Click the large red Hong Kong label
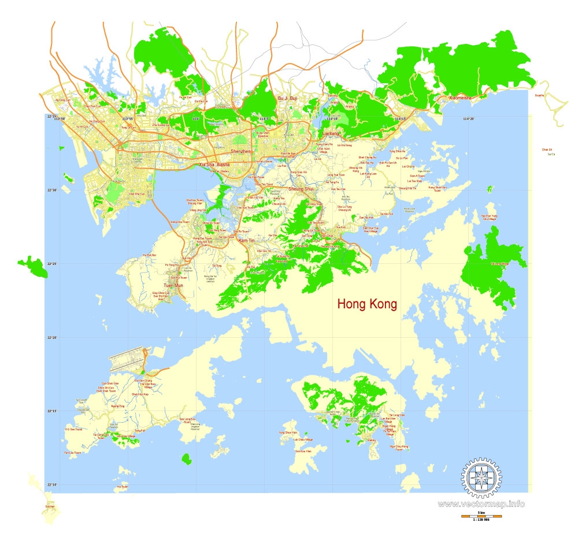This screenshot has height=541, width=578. tap(368, 304)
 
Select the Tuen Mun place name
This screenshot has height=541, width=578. tap(173, 286)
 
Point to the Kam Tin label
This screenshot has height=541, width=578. tap(246, 240)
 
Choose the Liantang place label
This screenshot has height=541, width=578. tap(331, 133)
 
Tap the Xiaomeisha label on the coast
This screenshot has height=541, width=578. tap(460, 98)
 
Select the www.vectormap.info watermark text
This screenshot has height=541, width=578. tap(481, 504)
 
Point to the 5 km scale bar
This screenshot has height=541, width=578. tap(481, 516)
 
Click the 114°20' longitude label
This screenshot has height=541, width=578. tap(468, 119)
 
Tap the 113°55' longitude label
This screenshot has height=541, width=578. tap(128, 119)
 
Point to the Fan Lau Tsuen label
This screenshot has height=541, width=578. tap(72, 453)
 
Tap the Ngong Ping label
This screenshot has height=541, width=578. tap(117, 406)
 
